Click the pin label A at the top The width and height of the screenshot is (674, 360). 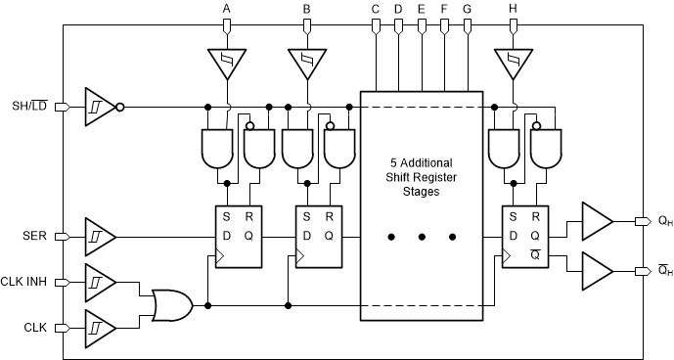click(227, 9)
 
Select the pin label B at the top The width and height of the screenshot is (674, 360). click(306, 9)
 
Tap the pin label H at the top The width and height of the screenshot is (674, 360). click(513, 9)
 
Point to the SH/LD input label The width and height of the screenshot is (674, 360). click(31, 106)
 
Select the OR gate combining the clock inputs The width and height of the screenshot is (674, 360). click(172, 304)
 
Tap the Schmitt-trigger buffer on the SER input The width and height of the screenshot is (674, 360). click(100, 236)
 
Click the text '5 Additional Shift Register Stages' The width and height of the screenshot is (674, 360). click(424, 177)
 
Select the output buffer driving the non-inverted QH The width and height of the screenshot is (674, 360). click(595, 221)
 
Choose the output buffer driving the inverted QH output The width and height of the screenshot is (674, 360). click(595, 267)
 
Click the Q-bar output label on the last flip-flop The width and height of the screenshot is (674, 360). click(535, 252)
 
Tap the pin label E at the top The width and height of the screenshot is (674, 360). click(421, 9)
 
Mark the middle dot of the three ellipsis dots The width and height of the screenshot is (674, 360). click(424, 236)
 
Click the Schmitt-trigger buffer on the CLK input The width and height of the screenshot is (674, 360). click(100, 327)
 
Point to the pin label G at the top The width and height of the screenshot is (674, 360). click(467, 9)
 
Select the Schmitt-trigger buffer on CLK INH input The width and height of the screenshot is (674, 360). click(100, 282)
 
